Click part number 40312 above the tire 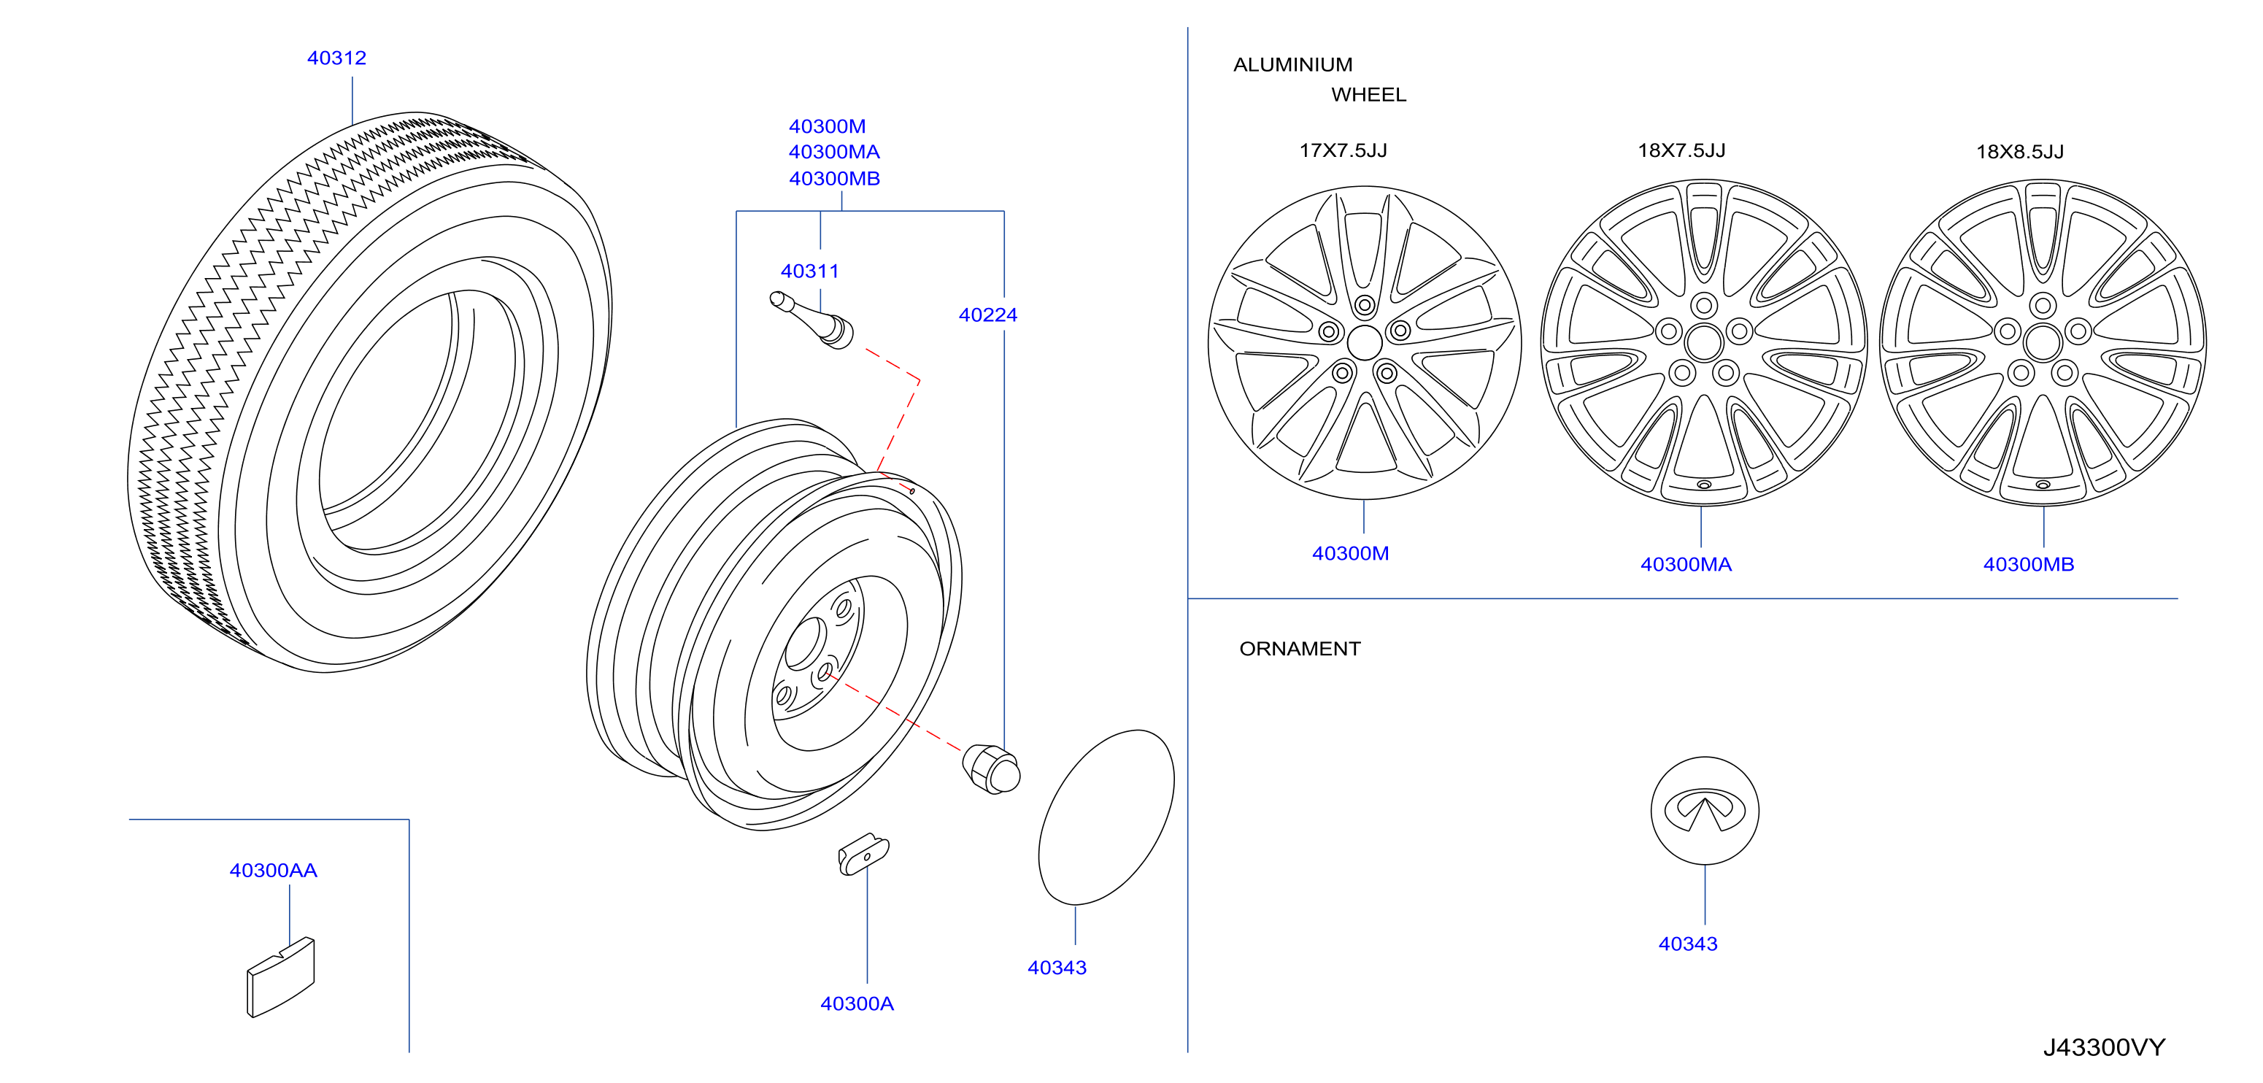click(336, 58)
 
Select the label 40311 click(810, 271)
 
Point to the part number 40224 click(987, 315)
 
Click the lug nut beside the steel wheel click(992, 768)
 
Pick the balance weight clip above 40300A click(863, 854)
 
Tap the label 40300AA click(273, 871)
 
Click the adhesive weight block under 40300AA click(281, 976)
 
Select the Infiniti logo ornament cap click(1704, 811)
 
